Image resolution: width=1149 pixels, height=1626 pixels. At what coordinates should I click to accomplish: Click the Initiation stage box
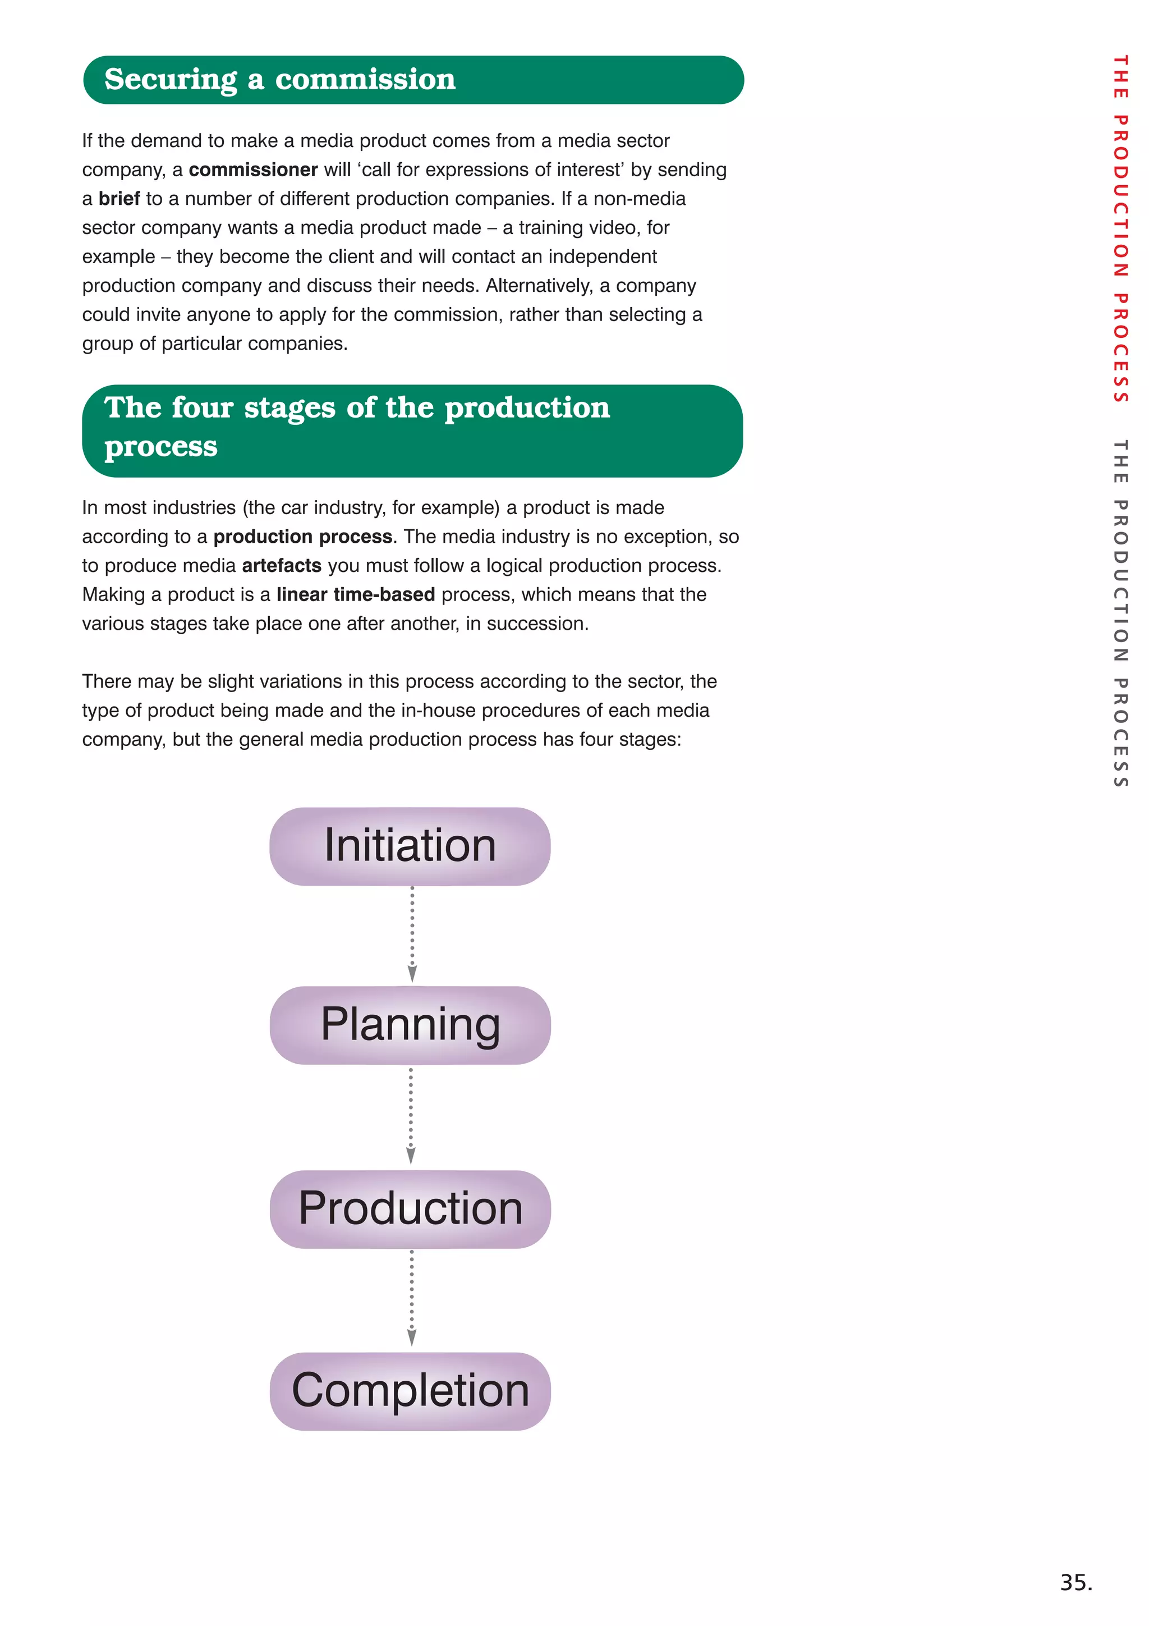[x=410, y=846]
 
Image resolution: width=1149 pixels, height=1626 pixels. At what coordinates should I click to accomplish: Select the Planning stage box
[x=410, y=1025]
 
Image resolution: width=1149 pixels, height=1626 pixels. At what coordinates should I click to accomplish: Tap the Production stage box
[x=410, y=1208]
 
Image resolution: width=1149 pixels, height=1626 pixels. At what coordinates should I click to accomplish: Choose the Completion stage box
[x=410, y=1391]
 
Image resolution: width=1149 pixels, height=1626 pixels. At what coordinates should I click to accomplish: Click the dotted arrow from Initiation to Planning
[x=412, y=933]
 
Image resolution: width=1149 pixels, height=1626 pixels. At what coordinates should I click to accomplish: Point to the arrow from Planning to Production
[x=411, y=1115]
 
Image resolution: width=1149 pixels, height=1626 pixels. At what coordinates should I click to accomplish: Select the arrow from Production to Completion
[x=411, y=1298]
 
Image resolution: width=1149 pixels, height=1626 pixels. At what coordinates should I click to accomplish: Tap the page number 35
[x=1076, y=1582]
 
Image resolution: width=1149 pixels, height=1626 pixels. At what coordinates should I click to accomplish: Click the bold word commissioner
[x=252, y=170]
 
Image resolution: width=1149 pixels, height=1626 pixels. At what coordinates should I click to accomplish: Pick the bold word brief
[x=119, y=199]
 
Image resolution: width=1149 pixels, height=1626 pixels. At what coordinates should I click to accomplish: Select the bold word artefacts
[x=281, y=566]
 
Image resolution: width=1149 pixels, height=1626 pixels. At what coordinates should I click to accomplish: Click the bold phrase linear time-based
[x=355, y=595]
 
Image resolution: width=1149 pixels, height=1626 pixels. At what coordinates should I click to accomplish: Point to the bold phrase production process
[x=302, y=537]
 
